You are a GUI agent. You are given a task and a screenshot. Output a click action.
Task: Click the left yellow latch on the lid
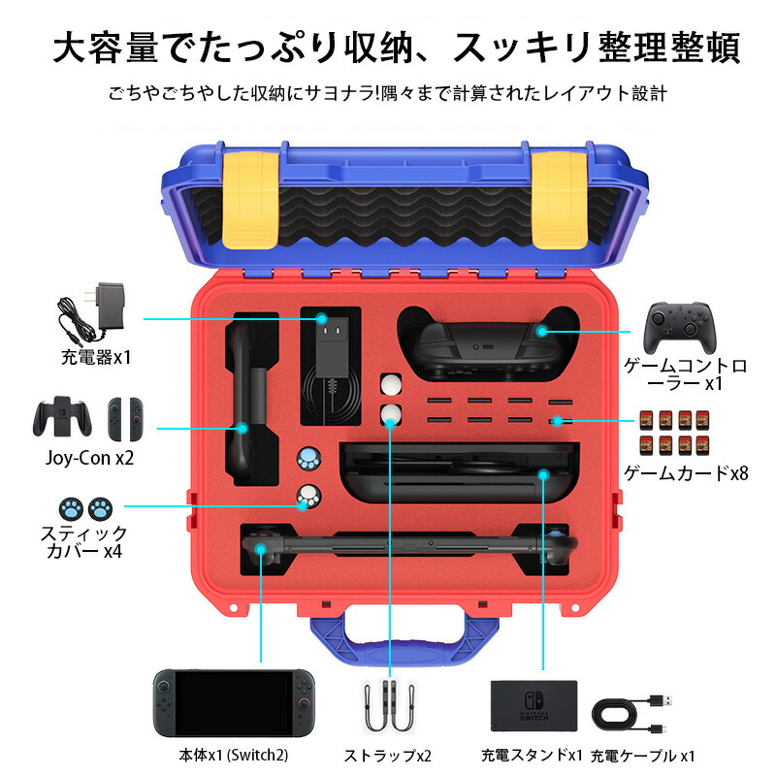click(250, 200)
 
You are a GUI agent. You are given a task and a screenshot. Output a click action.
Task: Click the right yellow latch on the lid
click(560, 200)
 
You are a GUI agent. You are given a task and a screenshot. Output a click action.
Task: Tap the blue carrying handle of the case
click(404, 638)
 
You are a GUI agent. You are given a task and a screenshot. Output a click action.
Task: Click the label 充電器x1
click(96, 357)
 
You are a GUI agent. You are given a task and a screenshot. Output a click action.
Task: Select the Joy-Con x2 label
click(89, 458)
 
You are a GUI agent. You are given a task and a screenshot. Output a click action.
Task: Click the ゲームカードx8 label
click(686, 473)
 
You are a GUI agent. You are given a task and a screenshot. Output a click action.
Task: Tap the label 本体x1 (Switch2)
click(233, 756)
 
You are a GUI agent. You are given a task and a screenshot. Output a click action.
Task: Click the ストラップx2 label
click(387, 756)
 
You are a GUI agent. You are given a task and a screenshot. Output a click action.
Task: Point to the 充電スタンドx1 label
click(532, 756)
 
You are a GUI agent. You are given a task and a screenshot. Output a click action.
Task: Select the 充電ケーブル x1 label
click(643, 756)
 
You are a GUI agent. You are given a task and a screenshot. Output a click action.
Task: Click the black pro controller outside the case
click(680, 327)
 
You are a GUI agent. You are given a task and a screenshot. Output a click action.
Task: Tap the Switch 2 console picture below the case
click(234, 702)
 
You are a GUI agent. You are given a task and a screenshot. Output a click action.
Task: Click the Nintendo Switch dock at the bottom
click(534, 706)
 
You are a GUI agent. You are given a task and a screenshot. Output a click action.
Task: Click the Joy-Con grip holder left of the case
click(62, 417)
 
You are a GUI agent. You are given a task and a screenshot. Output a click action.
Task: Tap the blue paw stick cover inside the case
click(308, 459)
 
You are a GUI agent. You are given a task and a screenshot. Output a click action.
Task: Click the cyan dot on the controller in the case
click(542, 332)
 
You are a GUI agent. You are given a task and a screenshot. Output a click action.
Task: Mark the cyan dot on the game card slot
click(558, 422)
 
